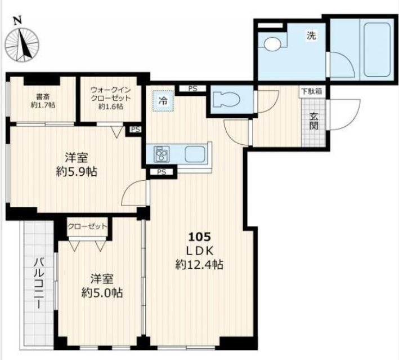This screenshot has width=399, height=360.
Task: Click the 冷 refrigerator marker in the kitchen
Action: [163, 101]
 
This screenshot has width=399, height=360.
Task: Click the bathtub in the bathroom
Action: [377, 50]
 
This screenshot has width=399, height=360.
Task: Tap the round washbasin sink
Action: [272, 44]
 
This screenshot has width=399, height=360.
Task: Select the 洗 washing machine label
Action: [311, 35]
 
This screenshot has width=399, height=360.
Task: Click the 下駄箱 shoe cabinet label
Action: [312, 91]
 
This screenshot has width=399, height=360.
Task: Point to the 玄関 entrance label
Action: [313, 121]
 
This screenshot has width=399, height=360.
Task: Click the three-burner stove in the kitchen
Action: [162, 154]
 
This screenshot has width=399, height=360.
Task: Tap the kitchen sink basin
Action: [195, 154]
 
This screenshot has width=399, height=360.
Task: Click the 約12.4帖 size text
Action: [199, 264]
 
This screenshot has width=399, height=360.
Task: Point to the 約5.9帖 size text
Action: [77, 172]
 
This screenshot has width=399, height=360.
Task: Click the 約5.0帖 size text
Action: [102, 293]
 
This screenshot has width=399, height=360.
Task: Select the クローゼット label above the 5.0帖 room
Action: [87, 226]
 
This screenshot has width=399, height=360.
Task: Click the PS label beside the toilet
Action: [192, 88]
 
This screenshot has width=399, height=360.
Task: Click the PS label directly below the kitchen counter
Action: [162, 172]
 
